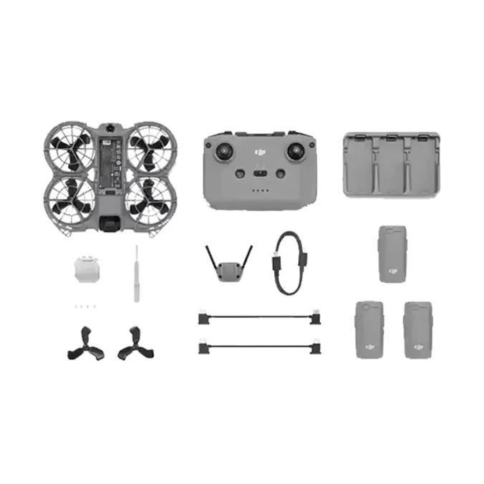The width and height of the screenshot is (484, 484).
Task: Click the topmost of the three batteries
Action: [x=390, y=255]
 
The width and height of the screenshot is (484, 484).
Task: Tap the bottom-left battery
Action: [x=369, y=330]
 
